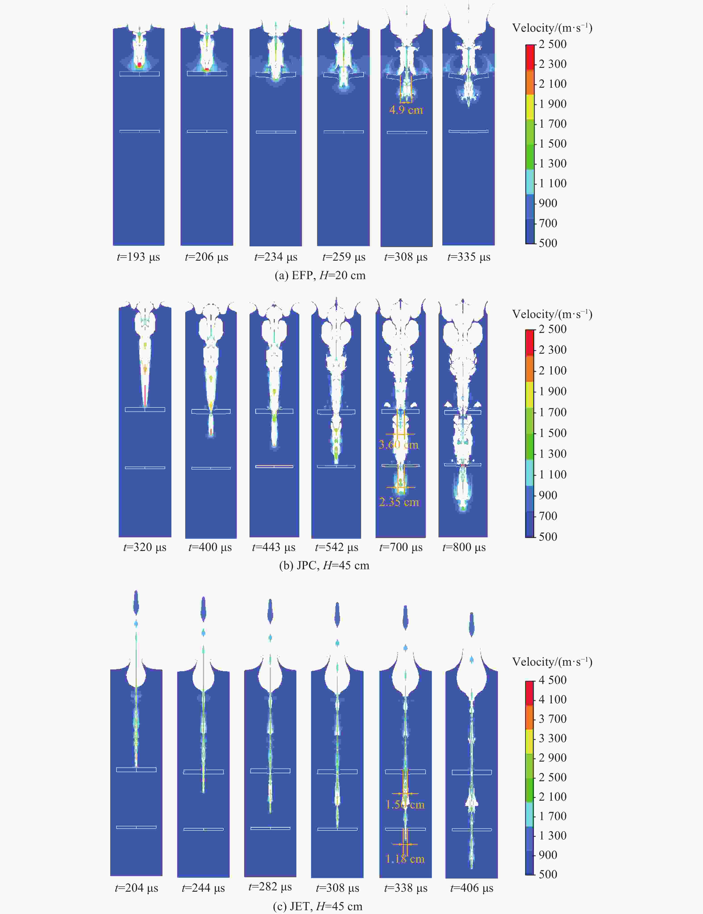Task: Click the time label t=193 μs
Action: tap(138, 257)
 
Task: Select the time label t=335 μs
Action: tap(469, 257)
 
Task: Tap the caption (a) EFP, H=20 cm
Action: tap(320, 275)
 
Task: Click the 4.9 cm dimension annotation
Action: tap(406, 110)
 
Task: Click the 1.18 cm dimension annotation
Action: tap(405, 859)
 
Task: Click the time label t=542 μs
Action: tap(337, 547)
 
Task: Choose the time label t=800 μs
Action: tap(464, 547)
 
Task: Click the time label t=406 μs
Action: tap(472, 888)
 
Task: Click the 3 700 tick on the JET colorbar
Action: tap(552, 719)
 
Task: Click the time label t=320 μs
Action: tap(145, 547)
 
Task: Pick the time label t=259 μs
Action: tap(343, 257)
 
